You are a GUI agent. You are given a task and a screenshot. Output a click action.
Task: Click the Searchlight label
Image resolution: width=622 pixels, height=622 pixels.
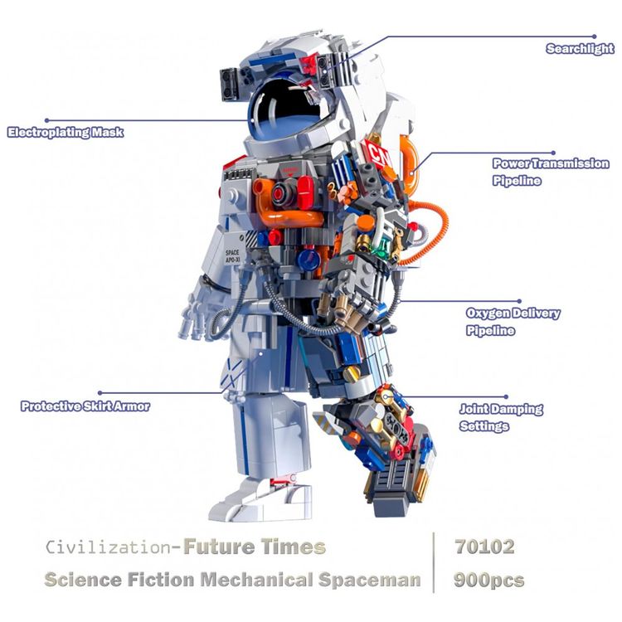point(579,49)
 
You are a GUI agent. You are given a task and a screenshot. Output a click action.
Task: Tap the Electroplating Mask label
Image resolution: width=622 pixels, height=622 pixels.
point(66,132)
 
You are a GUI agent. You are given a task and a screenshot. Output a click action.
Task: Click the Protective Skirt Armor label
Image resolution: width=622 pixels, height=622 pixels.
point(85,406)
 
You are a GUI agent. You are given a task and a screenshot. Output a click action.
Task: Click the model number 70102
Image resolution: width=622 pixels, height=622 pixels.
point(484,547)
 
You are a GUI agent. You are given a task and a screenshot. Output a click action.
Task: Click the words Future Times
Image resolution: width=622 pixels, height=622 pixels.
point(254,547)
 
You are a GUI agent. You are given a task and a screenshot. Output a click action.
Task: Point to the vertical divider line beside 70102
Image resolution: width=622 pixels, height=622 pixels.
point(434,562)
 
